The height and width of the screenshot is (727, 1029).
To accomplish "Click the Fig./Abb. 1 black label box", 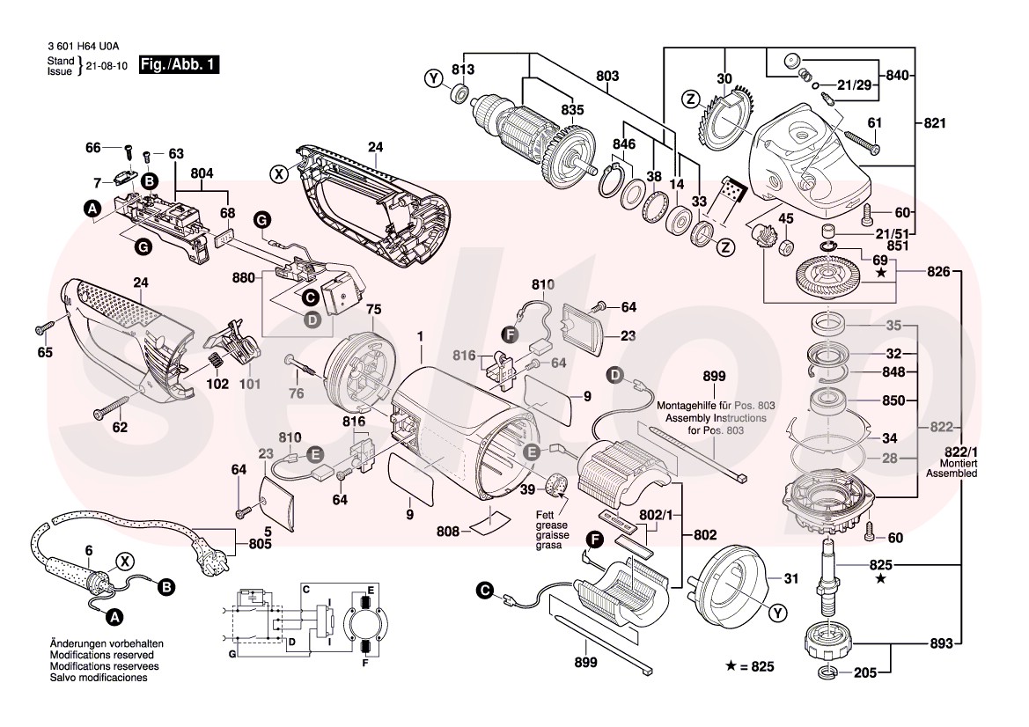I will point(179,65).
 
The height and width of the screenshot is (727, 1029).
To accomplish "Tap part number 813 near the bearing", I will point(463,70).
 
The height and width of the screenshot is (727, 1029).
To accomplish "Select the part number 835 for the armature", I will point(572,110).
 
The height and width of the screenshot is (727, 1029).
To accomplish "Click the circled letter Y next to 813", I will point(432,79).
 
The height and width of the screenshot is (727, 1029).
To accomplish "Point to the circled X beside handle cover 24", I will point(279,174).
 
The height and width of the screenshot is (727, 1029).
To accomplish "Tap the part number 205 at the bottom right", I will point(865,673).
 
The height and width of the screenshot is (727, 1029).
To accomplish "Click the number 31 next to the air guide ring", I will point(790,578).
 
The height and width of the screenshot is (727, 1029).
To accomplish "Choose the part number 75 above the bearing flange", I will point(374,310).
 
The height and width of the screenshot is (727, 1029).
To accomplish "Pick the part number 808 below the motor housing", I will point(447,532).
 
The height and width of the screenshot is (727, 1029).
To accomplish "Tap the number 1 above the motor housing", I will point(421,336).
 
